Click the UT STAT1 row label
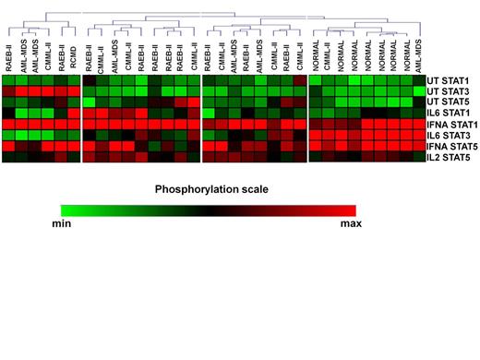[x=451, y=80]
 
